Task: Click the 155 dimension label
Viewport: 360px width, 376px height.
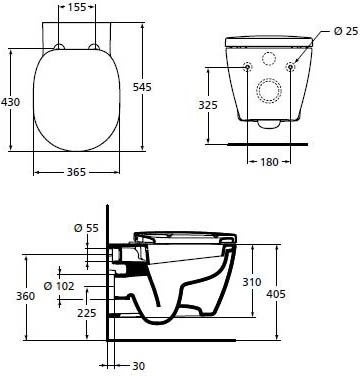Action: pyautogui.click(x=77, y=9)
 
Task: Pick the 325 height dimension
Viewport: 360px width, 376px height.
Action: pyautogui.click(x=206, y=103)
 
